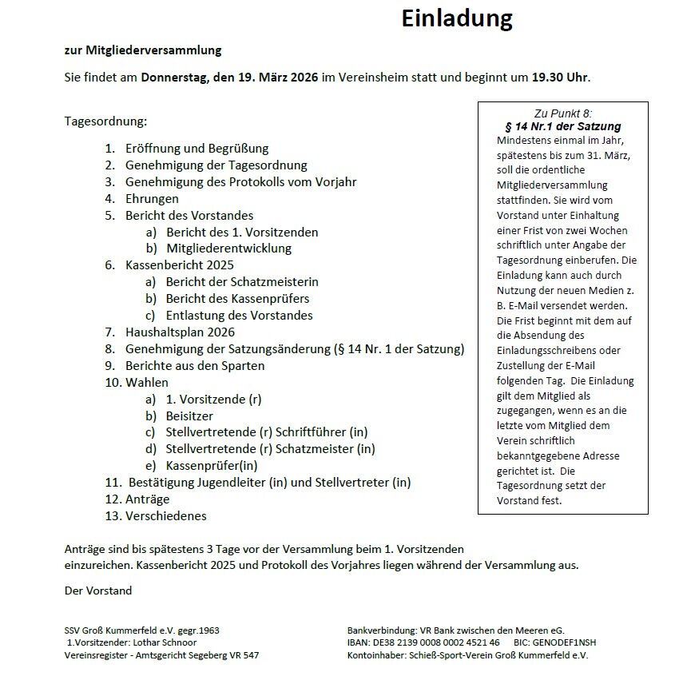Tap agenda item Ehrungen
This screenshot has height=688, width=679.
tap(152, 198)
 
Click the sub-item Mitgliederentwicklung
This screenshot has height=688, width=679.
tap(228, 248)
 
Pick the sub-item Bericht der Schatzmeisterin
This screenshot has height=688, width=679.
tap(242, 281)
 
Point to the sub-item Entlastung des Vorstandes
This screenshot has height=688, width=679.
tap(239, 315)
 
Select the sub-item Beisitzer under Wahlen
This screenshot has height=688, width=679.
tap(189, 416)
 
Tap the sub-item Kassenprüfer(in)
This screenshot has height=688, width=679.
tap(212, 465)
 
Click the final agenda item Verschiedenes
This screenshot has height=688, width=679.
tap(165, 515)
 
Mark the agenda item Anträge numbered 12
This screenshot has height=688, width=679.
tap(147, 499)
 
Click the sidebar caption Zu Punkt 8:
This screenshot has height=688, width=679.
tap(562, 113)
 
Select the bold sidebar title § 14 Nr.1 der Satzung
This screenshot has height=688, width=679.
tap(562, 126)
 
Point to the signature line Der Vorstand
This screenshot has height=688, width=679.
tap(98, 591)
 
